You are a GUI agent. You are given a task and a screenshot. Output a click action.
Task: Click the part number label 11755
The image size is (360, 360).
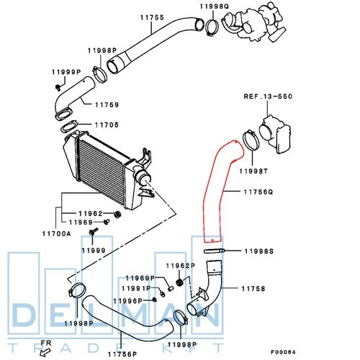(152, 17)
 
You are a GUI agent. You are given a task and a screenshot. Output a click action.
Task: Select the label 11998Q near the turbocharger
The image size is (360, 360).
(215, 6)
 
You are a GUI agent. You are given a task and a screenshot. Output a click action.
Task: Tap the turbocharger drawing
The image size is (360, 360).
(254, 23)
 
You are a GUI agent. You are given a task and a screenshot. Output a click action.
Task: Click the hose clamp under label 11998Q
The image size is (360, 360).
(212, 28)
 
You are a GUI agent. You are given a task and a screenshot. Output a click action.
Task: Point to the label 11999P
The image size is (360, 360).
(66, 72)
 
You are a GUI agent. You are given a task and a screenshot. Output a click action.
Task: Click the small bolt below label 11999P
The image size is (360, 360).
(58, 88)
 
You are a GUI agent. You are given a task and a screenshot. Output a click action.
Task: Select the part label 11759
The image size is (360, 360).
(107, 105)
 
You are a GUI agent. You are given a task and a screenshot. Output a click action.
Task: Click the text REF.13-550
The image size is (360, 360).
(268, 96)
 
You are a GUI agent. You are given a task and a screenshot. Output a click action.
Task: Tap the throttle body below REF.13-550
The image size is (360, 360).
(276, 134)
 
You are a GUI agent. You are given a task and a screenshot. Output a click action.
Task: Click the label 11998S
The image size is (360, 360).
(259, 251)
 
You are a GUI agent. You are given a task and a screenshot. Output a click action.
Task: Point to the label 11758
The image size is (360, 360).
(253, 289)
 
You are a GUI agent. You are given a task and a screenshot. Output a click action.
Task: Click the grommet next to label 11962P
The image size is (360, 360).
(179, 282)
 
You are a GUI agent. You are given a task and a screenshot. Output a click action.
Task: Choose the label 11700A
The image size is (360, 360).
(57, 233)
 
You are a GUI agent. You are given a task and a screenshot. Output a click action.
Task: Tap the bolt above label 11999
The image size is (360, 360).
(93, 232)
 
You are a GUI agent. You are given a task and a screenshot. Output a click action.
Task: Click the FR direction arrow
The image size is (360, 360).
(45, 352)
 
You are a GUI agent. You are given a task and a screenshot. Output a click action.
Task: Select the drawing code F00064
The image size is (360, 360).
(283, 352)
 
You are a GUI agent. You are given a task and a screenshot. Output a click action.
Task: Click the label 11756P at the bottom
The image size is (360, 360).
(122, 354)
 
